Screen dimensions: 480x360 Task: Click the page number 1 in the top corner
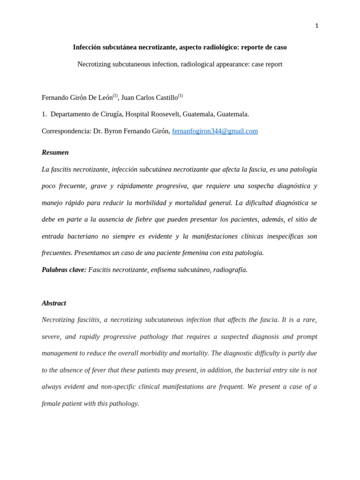[316, 26]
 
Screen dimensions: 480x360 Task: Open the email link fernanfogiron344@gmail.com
[215, 131]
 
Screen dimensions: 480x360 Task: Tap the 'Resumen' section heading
[55, 152]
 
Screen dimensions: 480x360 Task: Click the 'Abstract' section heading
[54, 303]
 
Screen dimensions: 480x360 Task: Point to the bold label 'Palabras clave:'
[64, 270]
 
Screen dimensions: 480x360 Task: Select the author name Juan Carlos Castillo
[149, 98]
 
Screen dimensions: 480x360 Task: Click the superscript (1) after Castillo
[180, 96]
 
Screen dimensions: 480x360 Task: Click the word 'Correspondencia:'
[67, 131]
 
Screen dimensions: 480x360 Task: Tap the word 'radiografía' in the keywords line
[230, 270]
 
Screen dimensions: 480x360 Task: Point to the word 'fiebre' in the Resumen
[143, 219]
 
